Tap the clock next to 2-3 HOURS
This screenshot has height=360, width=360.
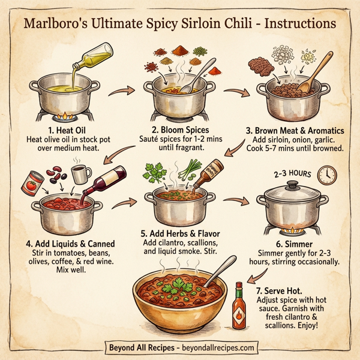point(328,175)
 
